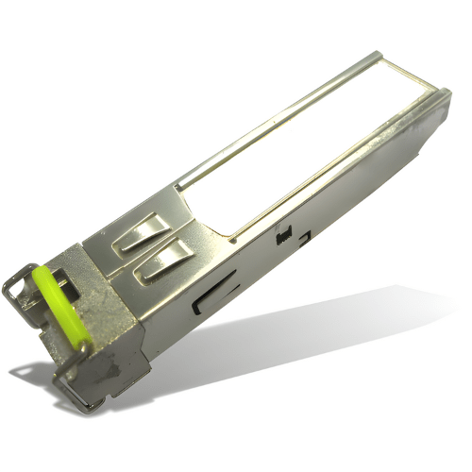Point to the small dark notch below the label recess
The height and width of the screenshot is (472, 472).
click(280, 237)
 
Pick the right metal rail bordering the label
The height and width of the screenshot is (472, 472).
click(330, 179)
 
